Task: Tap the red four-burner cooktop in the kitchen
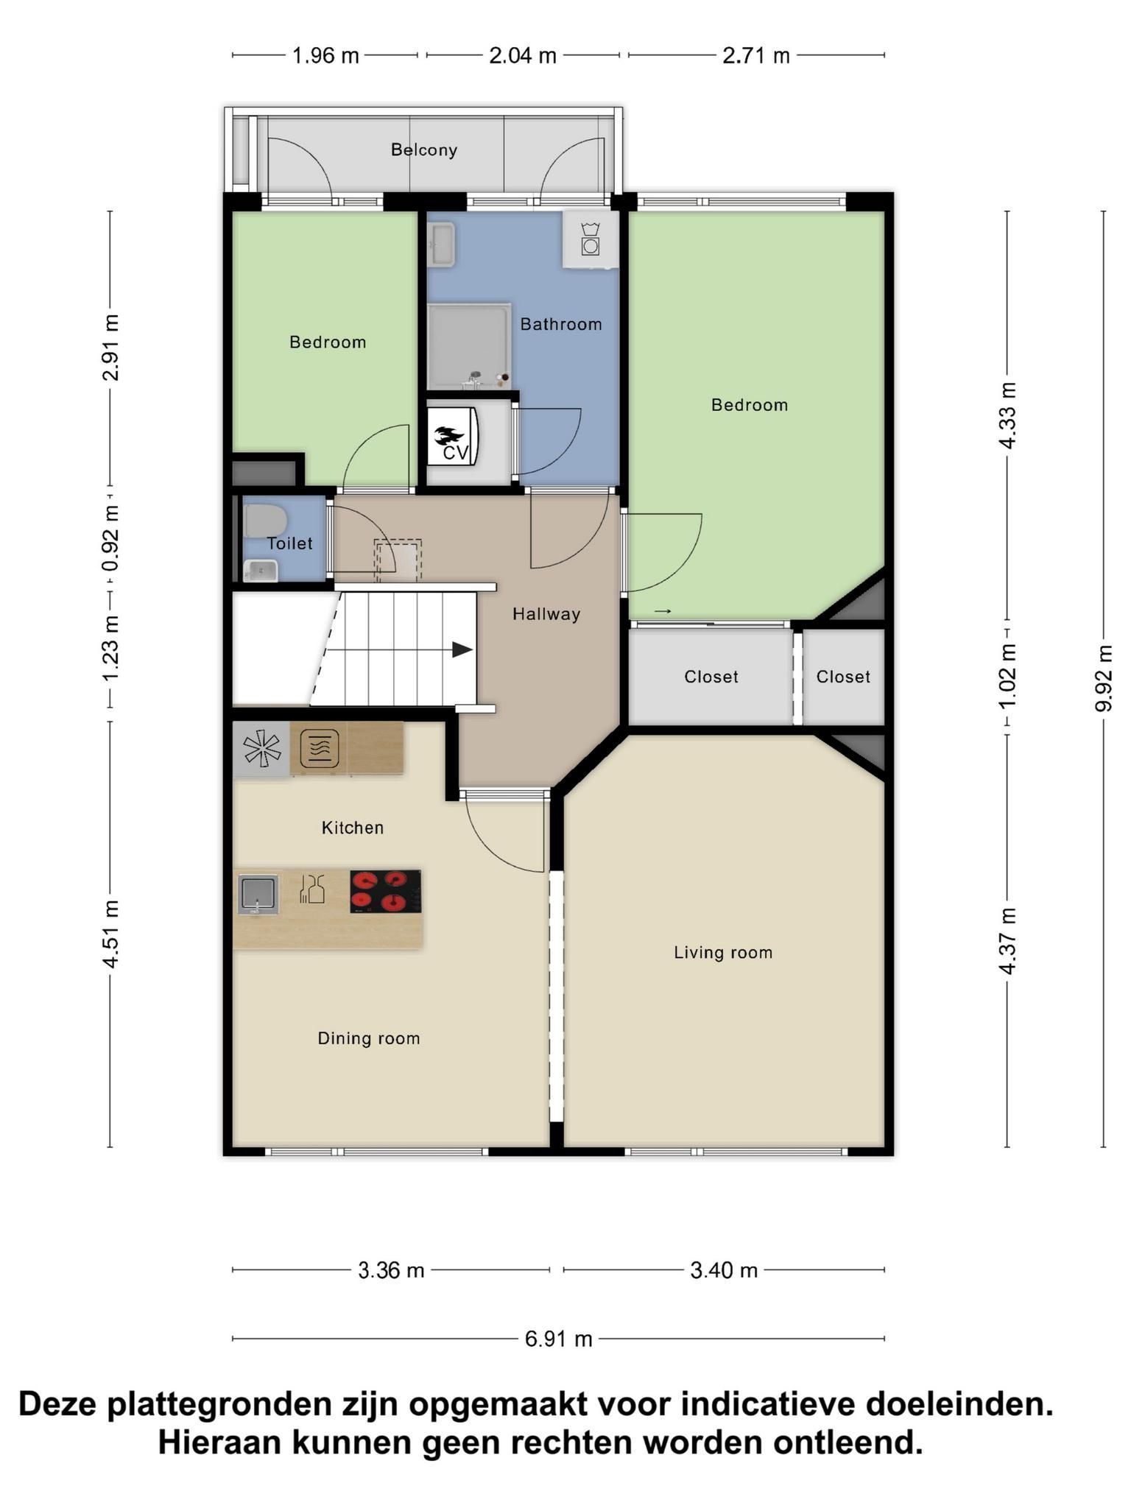[x=386, y=891]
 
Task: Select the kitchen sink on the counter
[x=258, y=894]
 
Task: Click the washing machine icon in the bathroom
[x=590, y=239]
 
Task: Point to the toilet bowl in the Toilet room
[x=264, y=521]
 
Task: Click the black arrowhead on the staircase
[x=462, y=649]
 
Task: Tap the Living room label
[x=723, y=952]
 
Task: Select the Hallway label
[x=546, y=613]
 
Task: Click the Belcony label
[x=424, y=149]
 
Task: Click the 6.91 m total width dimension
[x=559, y=1338]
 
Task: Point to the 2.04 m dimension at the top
[x=523, y=55]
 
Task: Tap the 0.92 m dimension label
[x=110, y=538]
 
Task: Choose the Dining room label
[x=369, y=1038]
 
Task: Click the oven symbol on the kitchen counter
[x=320, y=748]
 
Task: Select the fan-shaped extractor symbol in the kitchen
[x=262, y=749]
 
